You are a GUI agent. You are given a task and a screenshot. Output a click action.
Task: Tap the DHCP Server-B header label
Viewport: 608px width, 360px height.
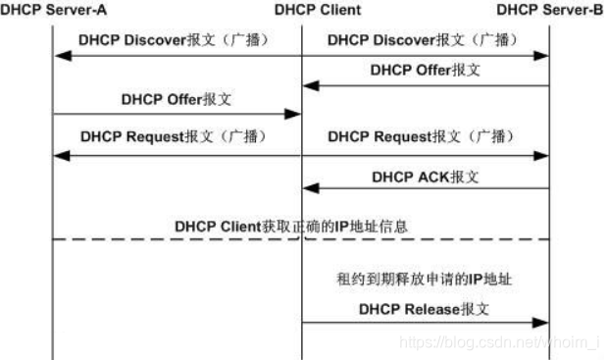pyautogui.click(x=548, y=11)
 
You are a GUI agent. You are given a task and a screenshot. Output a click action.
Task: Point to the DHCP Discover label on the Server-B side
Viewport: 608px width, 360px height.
pyautogui.click(x=423, y=40)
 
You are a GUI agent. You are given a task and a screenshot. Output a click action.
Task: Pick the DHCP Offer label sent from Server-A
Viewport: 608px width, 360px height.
pyautogui.click(x=177, y=99)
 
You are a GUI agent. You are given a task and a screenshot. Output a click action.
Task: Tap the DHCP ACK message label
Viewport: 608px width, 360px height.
pyautogui.click(x=425, y=178)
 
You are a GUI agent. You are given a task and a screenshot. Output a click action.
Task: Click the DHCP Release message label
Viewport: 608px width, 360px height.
pyautogui.click(x=423, y=307)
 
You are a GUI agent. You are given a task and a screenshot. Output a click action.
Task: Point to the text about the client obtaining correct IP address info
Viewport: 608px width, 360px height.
pyautogui.click(x=291, y=226)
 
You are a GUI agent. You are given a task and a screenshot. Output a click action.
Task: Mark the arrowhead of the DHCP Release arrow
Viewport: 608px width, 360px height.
pyautogui.click(x=540, y=322)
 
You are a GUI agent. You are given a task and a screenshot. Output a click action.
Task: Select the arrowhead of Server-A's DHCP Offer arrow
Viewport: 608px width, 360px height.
pyautogui.click(x=292, y=114)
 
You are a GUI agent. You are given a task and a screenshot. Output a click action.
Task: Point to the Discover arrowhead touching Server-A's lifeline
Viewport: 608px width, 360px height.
pyautogui.click(x=61, y=56)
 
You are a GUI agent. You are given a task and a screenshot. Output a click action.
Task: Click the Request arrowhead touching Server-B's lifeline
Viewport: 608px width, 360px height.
pyautogui.click(x=540, y=154)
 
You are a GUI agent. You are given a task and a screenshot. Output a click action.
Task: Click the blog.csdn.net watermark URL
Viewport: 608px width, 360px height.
pyautogui.click(x=500, y=342)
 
